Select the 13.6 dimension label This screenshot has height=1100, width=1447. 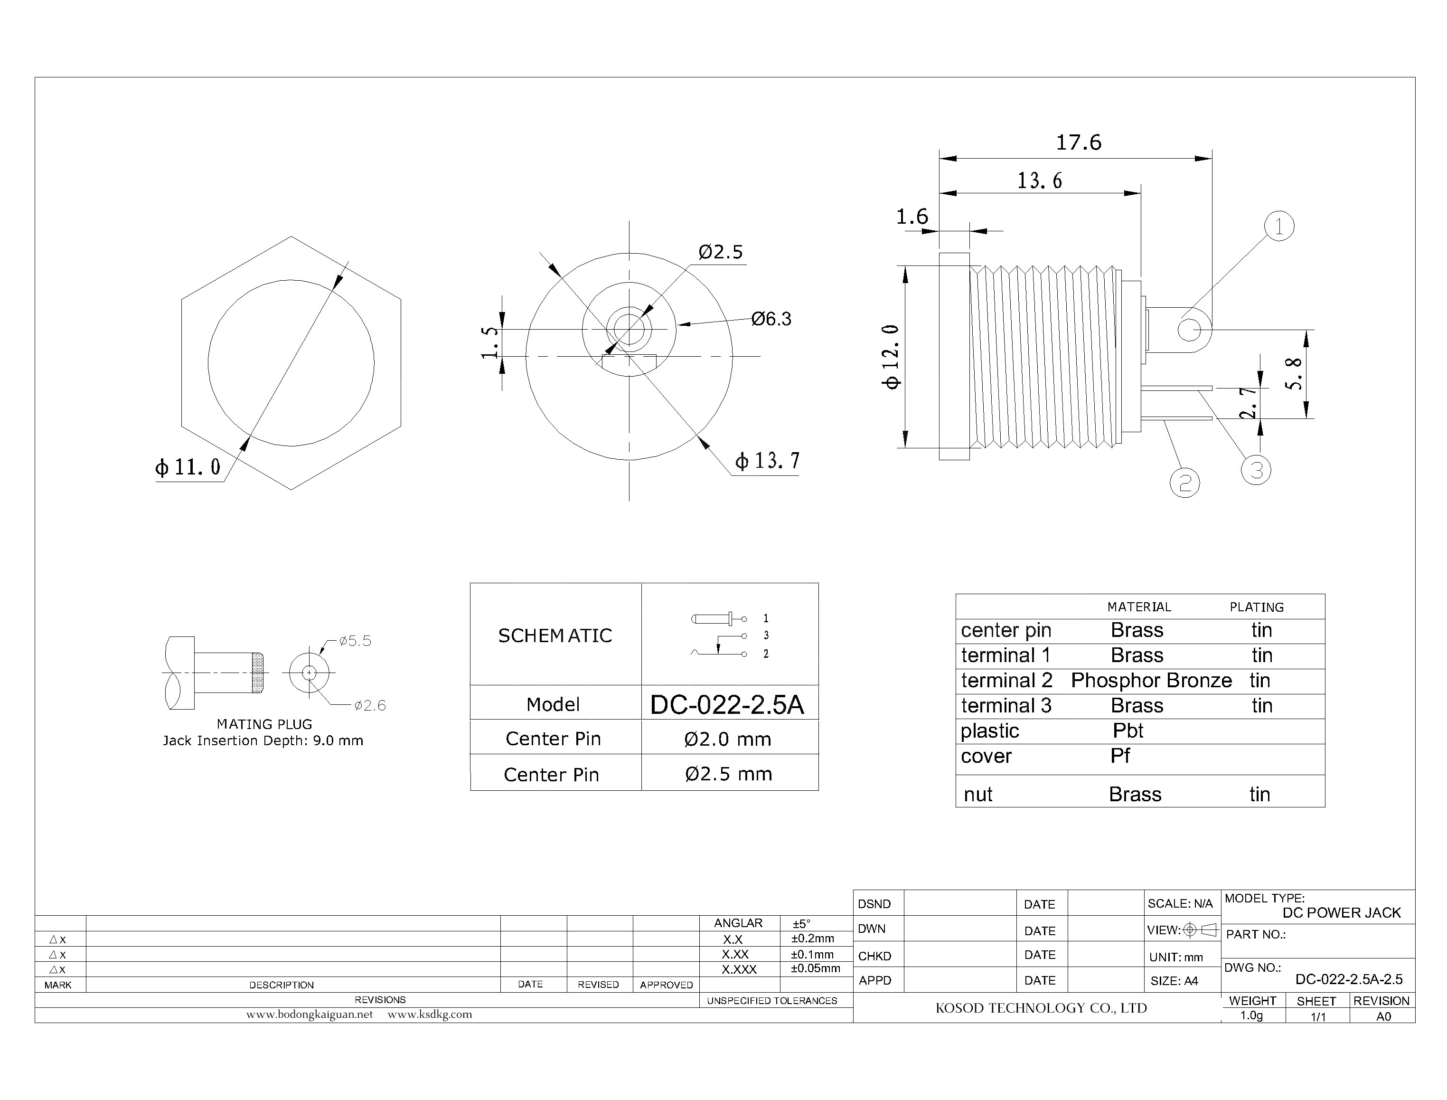(x=1039, y=180)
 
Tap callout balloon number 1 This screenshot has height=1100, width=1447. (x=1279, y=227)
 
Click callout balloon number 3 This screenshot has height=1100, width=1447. (x=1255, y=470)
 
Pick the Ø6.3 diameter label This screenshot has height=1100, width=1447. (x=771, y=319)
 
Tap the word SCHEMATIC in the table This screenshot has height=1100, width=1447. (x=555, y=635)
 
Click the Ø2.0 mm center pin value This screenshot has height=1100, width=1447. (x=727, y=739)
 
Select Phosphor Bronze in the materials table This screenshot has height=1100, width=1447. (x=1151, y=680)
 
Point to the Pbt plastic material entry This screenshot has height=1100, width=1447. (x=1128, y=730)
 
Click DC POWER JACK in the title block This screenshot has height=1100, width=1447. (x=1341, y=913)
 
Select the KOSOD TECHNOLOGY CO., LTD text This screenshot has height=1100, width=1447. (x=1041, y=1008)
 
